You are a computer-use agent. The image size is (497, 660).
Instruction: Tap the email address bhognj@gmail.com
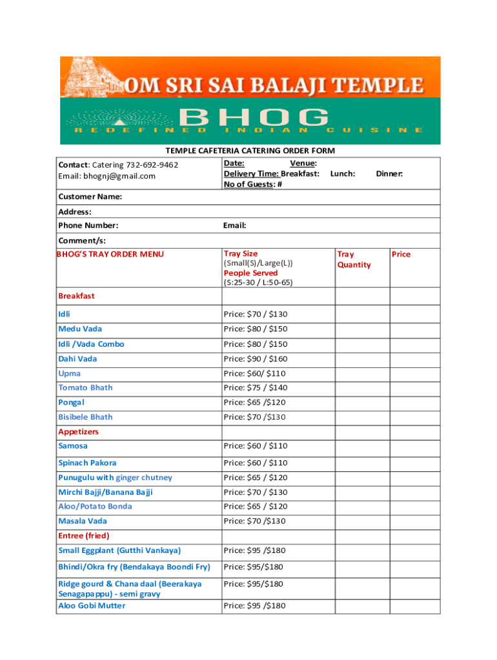click(119, 176)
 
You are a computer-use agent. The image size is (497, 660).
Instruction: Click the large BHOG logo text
click(253, 118)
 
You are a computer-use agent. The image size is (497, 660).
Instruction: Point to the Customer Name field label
click(90, 196)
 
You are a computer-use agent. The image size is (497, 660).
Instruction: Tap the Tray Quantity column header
click(354, 259)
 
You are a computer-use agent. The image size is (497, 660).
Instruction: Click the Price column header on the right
click(401, 254)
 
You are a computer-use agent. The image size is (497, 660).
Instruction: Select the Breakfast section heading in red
click(76, 296)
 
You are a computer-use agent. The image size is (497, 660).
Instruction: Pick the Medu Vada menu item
click(80, 329)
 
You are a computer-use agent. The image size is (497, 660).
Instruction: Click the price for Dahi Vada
click(255, 359)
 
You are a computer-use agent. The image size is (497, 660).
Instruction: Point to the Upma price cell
click(254, 374)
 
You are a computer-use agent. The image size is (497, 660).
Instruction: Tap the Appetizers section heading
click(78, 431)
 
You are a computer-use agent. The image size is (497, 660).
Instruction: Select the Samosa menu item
click(73, 446)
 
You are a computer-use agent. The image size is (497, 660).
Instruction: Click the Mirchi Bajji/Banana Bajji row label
click(105, 492)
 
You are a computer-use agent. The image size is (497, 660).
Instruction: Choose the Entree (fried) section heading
click(84, 536)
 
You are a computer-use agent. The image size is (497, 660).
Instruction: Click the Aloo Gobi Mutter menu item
click(92, 606)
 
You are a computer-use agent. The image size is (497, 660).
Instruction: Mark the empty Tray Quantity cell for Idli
click(361, 314)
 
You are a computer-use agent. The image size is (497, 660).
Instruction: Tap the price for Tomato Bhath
click(255, 388)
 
